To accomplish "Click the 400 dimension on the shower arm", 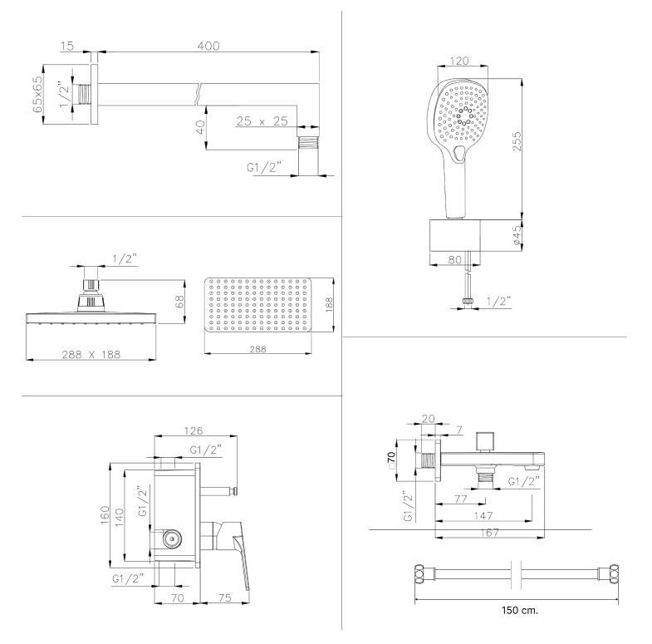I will point(208,47).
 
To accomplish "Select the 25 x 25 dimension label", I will point(262,121).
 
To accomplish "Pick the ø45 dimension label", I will point(517,236).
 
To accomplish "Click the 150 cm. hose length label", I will point(520,610).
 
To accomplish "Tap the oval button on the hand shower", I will point(460,152).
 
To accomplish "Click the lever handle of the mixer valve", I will point(243,557).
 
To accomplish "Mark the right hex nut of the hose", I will point(615,573).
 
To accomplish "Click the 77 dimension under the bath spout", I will point(461,499).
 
